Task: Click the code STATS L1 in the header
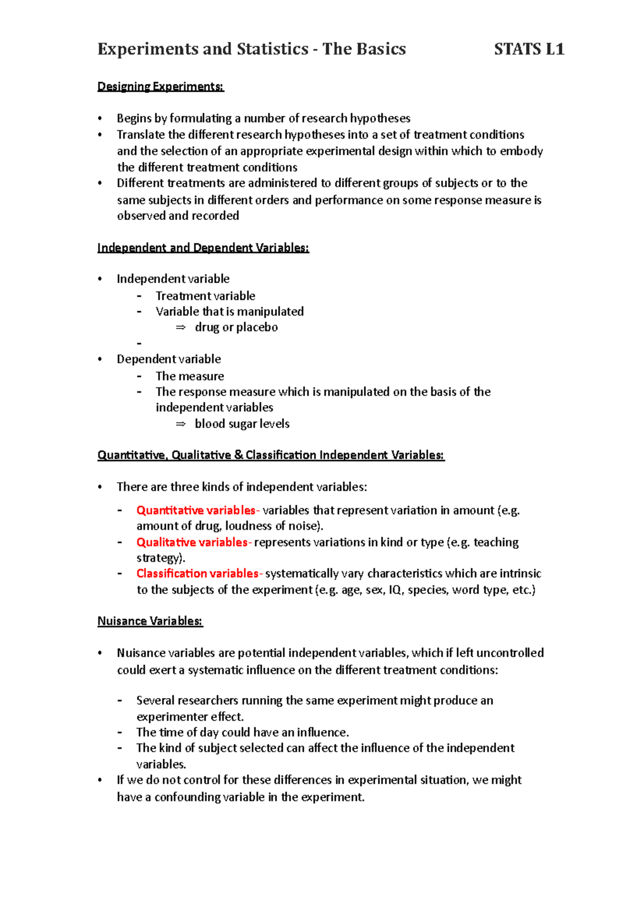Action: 529,49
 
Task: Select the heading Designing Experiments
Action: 160,86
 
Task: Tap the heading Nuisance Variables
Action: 150,621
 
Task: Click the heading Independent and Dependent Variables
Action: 203,247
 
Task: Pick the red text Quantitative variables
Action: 196,510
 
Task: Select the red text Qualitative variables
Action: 192,542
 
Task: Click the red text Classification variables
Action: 197,573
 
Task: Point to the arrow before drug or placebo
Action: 180,327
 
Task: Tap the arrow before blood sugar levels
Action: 180,424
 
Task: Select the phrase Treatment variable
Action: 205,296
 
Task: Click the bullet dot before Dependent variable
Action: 100,359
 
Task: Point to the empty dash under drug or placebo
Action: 140,343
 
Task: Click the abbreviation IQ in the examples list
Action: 395,590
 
